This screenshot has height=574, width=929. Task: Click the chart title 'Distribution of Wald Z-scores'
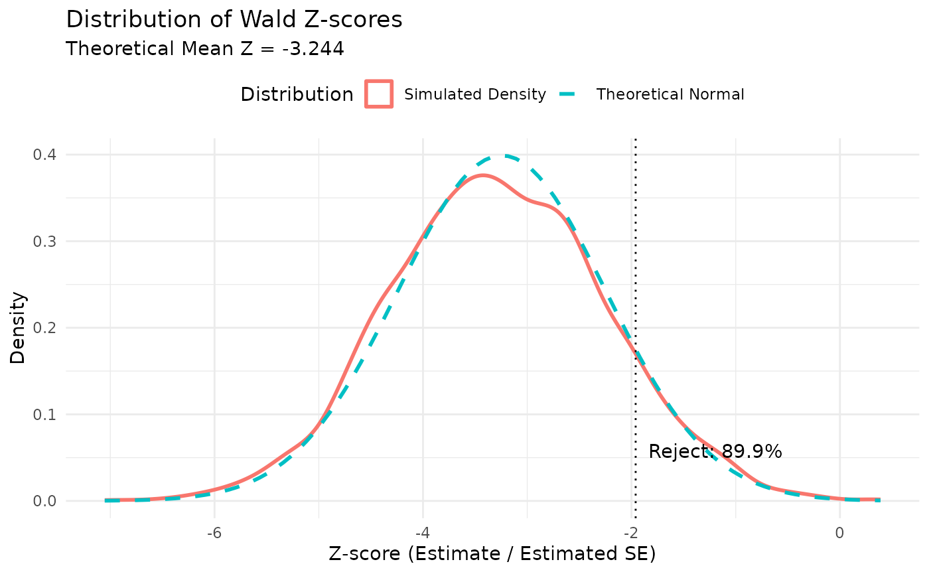234,19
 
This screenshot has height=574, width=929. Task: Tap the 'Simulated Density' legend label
474,94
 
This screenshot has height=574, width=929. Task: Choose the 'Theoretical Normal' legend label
670,94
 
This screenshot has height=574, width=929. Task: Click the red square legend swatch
379,94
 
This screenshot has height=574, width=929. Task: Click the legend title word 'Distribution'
297,94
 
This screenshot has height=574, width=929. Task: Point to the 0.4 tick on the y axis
46,155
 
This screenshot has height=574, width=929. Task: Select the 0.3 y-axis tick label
46,242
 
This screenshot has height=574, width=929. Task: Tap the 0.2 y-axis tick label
46,328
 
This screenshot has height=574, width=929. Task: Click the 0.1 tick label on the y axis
46,415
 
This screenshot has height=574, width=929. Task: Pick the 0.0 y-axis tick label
46,501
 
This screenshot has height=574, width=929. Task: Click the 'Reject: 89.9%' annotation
715,452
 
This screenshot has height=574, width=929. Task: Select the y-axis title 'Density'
18,328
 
